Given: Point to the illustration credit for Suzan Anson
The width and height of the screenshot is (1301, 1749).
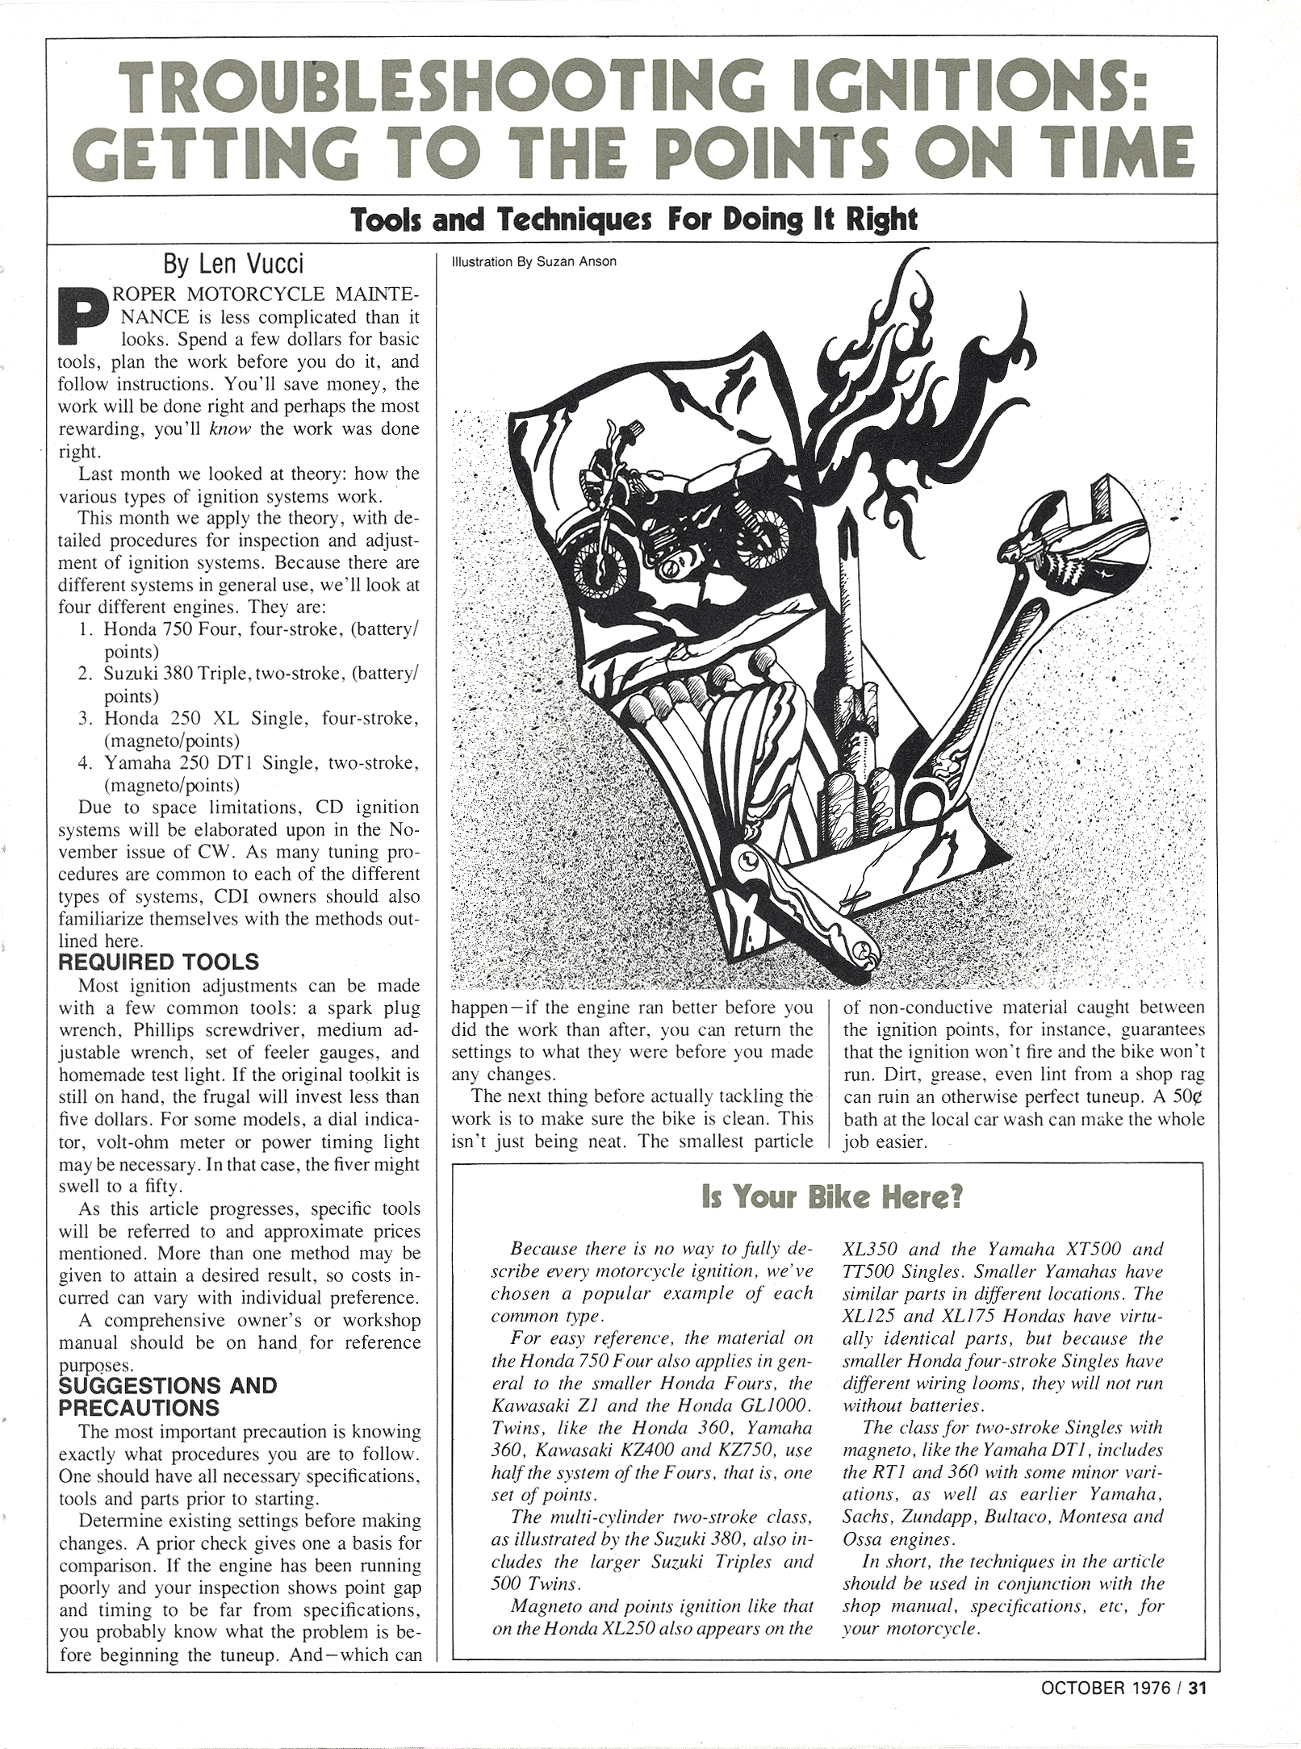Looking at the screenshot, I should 525,261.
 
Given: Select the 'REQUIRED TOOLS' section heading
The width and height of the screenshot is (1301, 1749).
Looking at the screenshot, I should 159,962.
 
